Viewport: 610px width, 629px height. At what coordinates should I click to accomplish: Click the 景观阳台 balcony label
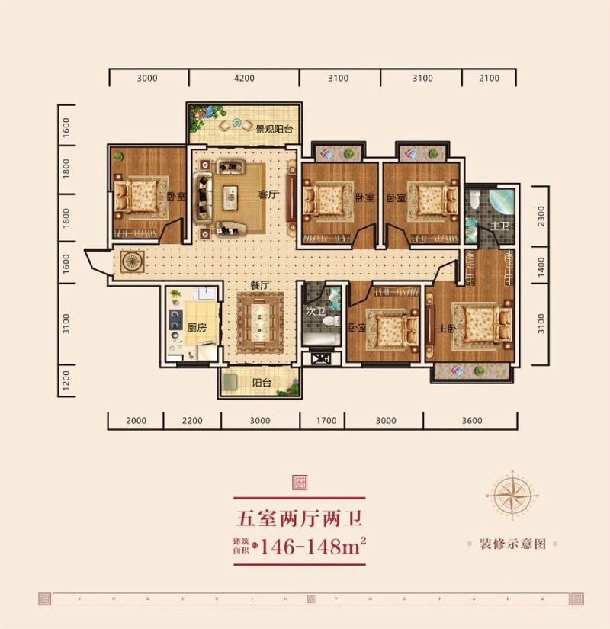(274, 130)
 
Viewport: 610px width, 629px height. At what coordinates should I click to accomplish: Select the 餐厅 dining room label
(261, 285)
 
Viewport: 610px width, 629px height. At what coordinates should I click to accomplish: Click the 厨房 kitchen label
(176, 328)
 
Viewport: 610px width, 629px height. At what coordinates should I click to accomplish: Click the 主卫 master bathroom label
(499, 226)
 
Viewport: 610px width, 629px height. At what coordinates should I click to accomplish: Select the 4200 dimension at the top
(243, 78)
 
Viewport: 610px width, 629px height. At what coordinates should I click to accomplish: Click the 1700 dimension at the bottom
(326, 421)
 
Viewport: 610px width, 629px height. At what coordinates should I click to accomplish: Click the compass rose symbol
(513, 495)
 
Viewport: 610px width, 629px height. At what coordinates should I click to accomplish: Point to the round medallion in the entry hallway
(132, 261)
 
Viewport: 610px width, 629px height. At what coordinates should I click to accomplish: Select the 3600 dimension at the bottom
(472, 421)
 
